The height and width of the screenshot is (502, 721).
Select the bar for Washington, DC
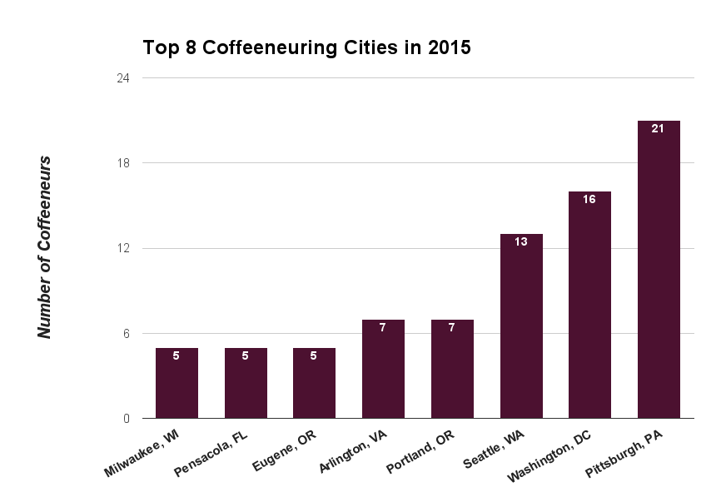tap(589, 305)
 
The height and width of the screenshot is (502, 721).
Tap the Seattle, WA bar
tap(521, 326)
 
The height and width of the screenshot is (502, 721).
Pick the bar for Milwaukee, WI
tap(177, 383)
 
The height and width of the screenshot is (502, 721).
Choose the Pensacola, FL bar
tap(246, 383)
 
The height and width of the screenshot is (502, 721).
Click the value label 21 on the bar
tap(658, 129)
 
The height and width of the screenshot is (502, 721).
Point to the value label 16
tap(589, 200)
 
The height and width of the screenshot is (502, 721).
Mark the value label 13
tap(521, 242)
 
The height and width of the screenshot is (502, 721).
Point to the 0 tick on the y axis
tap(127, 419)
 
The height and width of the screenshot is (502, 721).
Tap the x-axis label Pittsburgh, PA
tap(624, 455)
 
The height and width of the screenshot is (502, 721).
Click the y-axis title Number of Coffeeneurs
tap(46, 247)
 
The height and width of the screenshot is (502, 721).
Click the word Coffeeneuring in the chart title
tap(268, 47)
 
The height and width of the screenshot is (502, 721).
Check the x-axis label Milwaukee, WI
tap(145, 455)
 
